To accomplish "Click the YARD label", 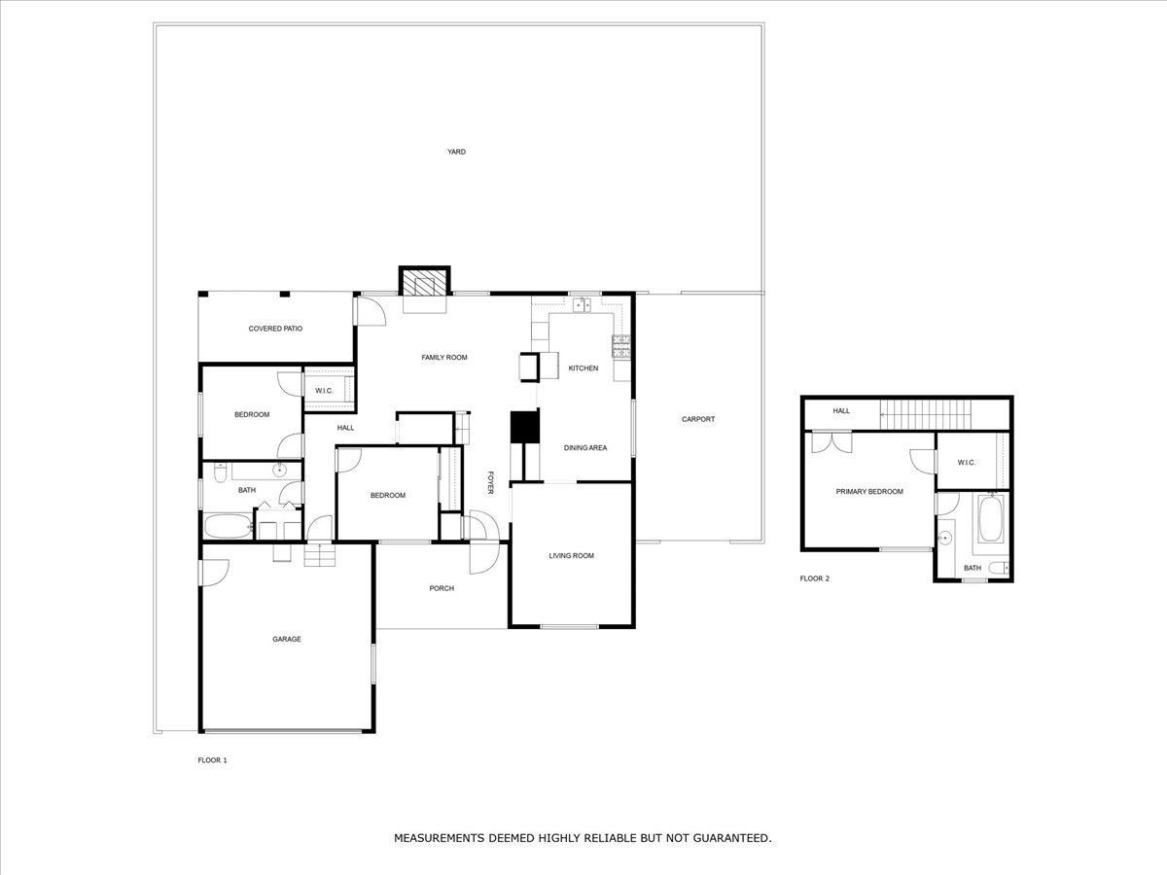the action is (456, 152).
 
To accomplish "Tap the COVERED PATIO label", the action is (275, 329).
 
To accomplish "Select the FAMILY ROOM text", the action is (444, 358).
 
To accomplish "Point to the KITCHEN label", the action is (583, 368).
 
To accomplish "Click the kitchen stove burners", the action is (621, 346).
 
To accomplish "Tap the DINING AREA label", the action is (585, 448).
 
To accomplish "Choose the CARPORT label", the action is (698, 419).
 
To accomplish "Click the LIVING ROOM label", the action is (572, 556).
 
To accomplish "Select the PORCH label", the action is (442, 588).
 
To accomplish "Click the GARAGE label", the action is (287, 639).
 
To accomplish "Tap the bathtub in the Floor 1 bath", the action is (229, 526).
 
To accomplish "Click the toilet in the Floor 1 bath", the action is (220, 472).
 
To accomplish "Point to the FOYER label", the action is (491, 482).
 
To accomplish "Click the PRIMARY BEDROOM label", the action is (869, 491).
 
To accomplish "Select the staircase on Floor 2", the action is (926, 415).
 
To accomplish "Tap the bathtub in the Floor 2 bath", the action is (990, 519).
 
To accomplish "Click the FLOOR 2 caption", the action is (815, 578).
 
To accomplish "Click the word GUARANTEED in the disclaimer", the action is (731, 838).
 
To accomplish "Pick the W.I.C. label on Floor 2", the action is (966, 462).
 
